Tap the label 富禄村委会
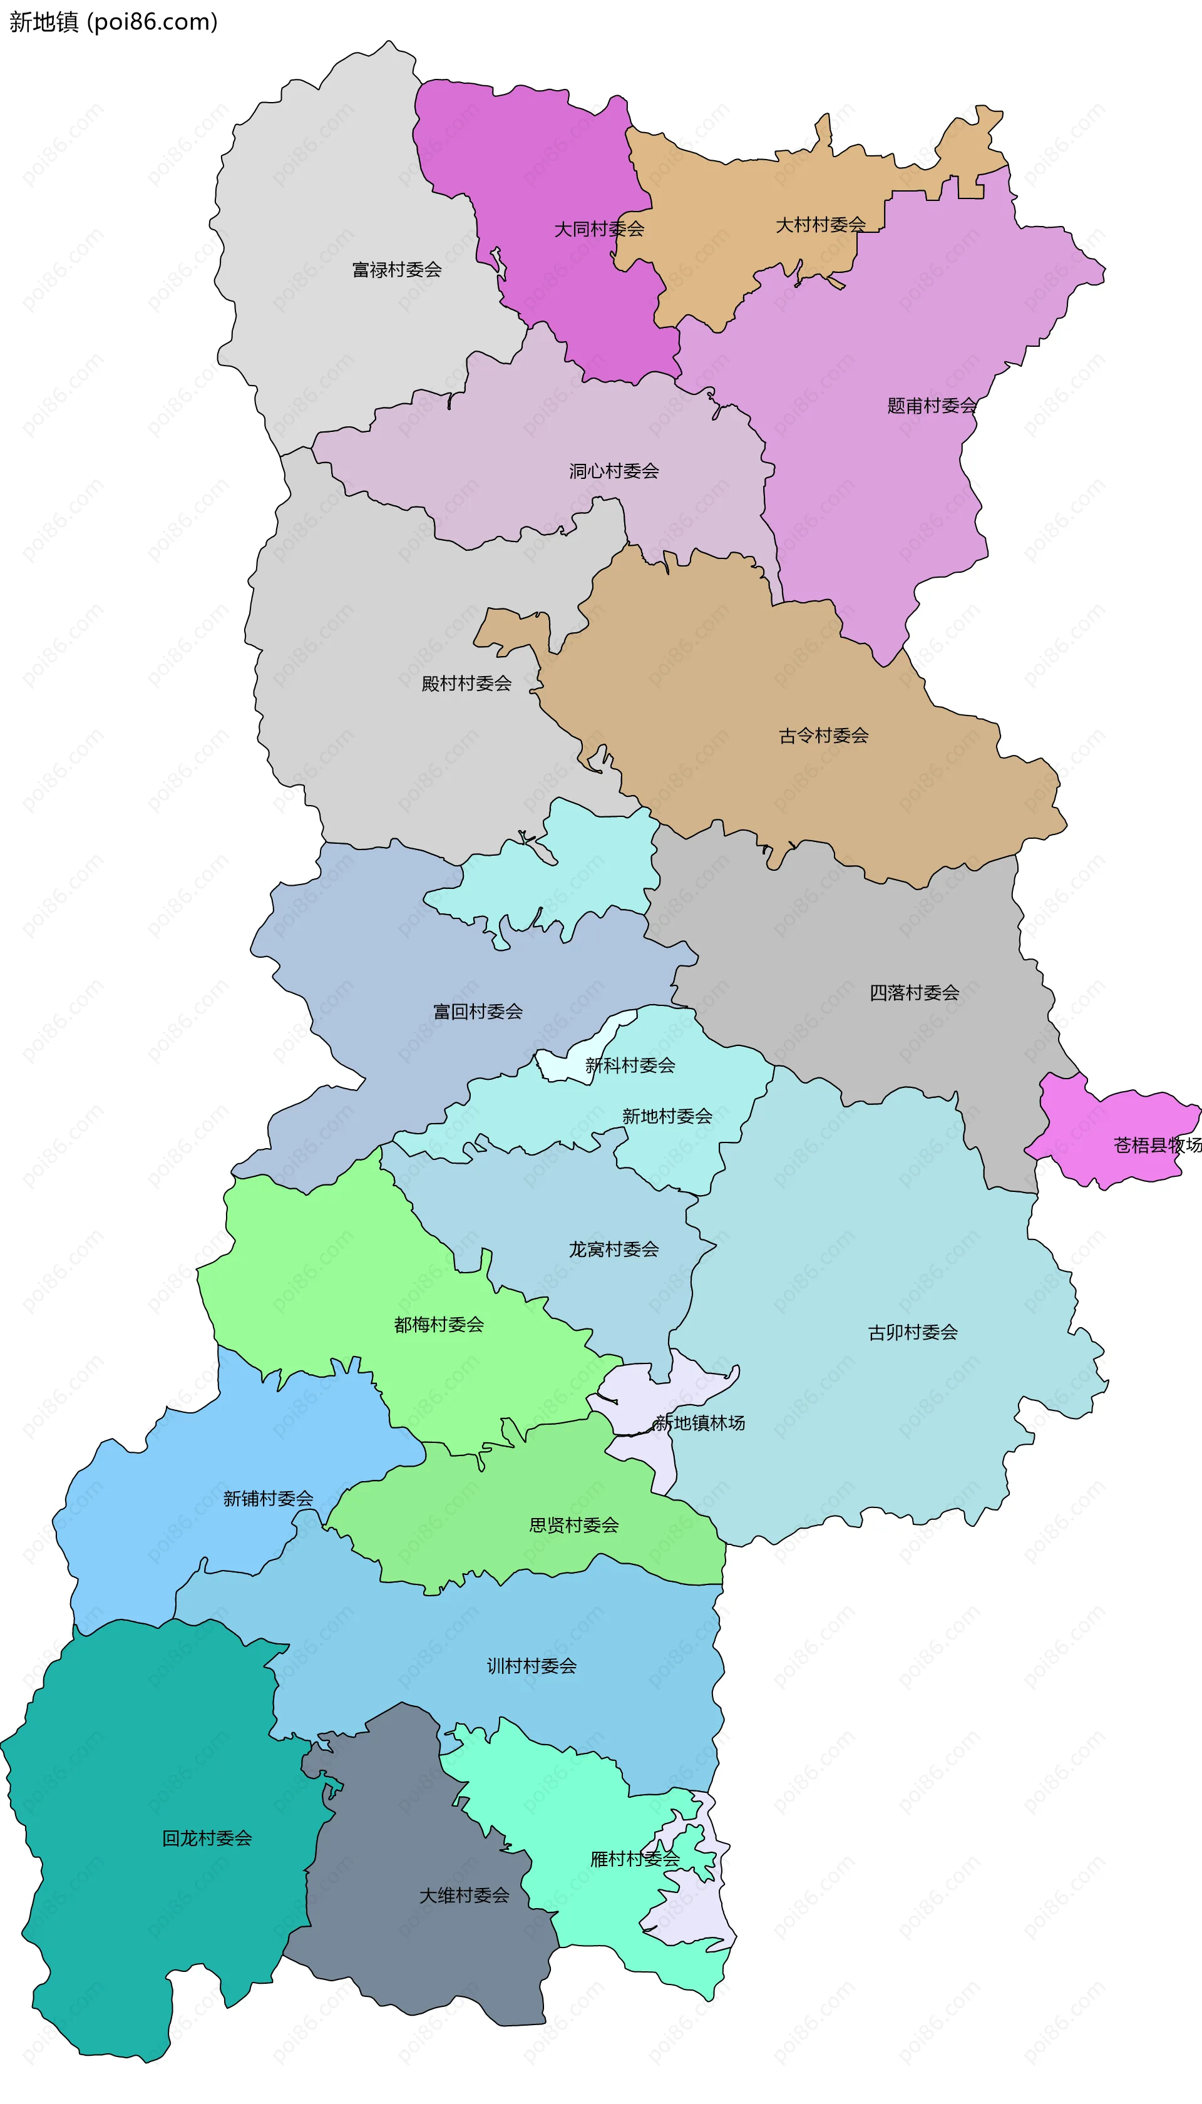point(396,270)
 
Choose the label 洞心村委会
point(614,471)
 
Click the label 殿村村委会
point(466,684)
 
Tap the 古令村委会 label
point(823,736)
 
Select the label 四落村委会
point(914,993)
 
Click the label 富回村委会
point(478,1012)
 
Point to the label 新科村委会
point(630,1065)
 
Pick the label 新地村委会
point(667,1117)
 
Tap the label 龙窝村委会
point(614,1250)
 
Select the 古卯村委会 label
point(912,1332)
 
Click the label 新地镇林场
point(699,1423)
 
